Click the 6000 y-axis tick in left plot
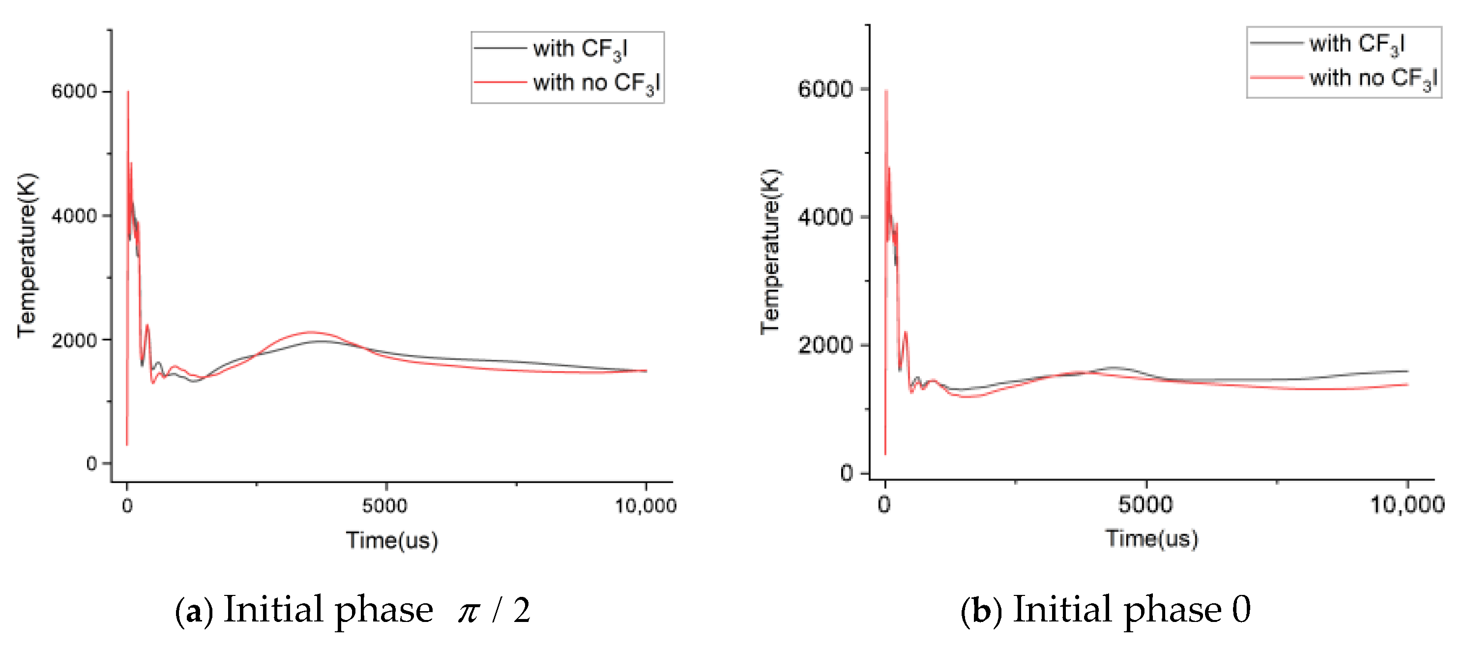[x=74, y=92]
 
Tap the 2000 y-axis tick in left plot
[x=74, y=340]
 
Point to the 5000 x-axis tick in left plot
[x=385, y=505]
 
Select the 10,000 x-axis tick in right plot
[x=1407, y=505]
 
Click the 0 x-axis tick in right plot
[x=884, y=505]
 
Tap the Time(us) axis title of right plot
[x=1151, y=538]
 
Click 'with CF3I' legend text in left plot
[x=580, y=49]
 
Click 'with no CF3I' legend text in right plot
[x=1373, y=78]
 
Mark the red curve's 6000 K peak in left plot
[x=128, y=92]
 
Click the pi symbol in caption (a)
[x=469, y=612]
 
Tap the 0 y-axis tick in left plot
[x=91, y=464]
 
